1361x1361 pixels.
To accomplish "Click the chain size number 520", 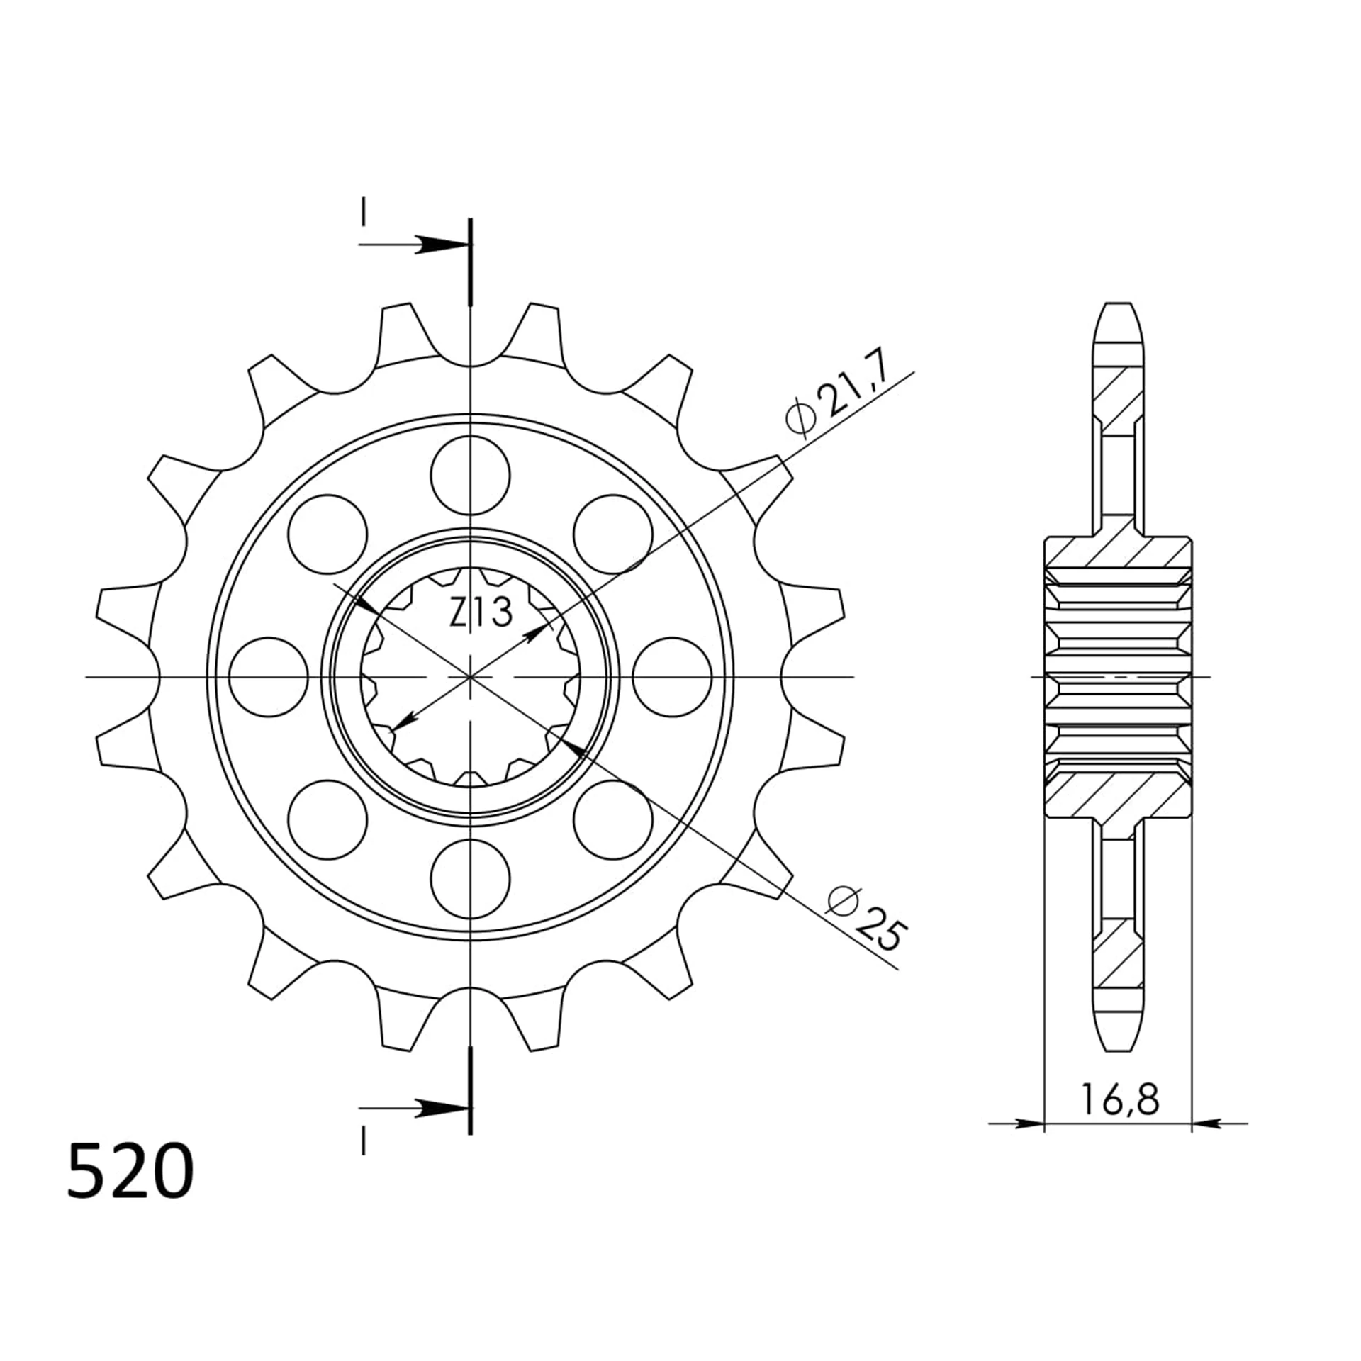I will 130,1172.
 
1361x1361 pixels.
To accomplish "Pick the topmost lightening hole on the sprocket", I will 470,476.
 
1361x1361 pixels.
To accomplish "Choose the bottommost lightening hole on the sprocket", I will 470,878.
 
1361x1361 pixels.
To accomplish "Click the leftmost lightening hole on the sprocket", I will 269,677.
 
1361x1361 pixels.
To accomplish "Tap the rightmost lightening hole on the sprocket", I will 671,677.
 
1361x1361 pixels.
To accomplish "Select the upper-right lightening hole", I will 612,534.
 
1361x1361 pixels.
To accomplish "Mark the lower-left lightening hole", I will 327,819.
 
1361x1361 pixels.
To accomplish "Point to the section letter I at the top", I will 363,212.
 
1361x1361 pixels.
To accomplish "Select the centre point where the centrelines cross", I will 470,677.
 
